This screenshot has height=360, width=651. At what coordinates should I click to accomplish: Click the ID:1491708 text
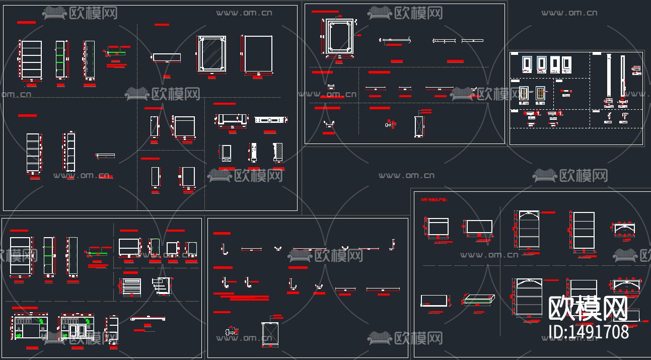[588, 332]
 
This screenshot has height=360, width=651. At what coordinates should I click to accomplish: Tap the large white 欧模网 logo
[588, 308]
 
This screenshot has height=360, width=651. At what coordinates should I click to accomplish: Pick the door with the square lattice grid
[541, 94]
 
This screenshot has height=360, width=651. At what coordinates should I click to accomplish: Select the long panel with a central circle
[271, 120]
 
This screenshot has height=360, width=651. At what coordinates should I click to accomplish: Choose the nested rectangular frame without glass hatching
[337, 36]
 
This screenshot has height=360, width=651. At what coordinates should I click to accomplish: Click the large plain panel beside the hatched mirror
[258, 54]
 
